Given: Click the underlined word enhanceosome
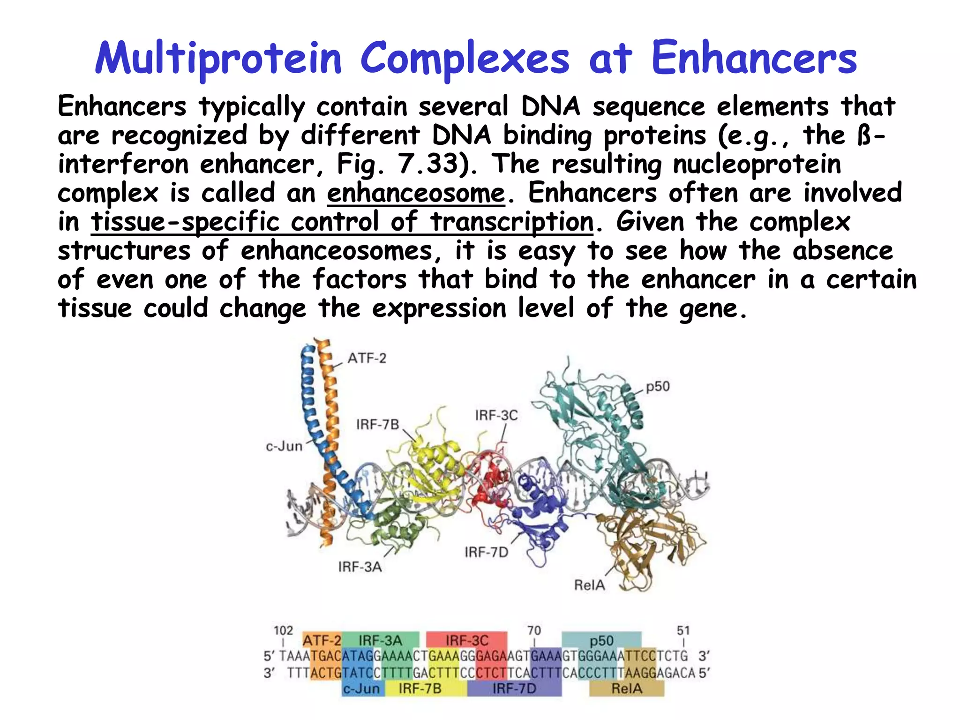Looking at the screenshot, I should tap(416, 193).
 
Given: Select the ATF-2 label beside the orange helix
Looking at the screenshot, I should tap(367, 359).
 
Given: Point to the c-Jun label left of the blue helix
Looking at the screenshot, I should tap(284, 446).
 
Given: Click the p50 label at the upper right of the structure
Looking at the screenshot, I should tap(658, 387).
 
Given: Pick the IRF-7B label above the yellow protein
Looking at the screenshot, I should tap(377, 425).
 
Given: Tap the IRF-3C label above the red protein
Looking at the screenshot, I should tap(496, 415).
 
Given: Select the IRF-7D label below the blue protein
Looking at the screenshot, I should tap(486, 552).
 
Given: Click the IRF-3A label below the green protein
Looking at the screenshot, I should tap(360, 567).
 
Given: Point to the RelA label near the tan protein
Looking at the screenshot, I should tap(589, 585).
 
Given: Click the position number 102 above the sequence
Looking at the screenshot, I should tap(283, 630).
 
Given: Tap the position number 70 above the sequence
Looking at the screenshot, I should tap(534, 630).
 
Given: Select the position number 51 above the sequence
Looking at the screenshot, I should tap(683, 630).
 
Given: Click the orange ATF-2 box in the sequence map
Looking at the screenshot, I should tap(322, 640).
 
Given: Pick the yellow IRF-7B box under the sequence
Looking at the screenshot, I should tap(420, 689).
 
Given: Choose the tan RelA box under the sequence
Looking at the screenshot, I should tap(627, 689).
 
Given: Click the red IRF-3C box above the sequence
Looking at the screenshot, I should tap(467, 640).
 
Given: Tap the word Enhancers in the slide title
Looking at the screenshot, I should tap(754, 60).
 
